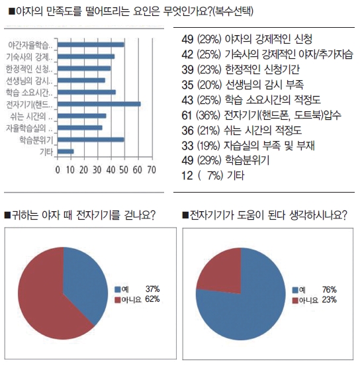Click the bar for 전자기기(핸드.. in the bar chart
click(99, 104)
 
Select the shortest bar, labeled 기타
click(66, 152)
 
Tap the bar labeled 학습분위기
click(91, 140)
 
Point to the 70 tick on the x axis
click(152, 170)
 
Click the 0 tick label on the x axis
click(58, 170)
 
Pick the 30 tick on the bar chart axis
click(97, 170)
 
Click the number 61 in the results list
click(187, 115)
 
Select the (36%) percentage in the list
click(208, 115)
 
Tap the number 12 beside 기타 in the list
click(187, 176)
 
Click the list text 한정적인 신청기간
click(262, 69)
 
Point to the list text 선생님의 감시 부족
click(264, 85)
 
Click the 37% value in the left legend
click(153, 289)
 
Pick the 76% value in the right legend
click(330, 290)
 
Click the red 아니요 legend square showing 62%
click(117, 300)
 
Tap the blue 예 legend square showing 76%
click(295, 290)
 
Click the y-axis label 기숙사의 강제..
click(29, 57)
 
